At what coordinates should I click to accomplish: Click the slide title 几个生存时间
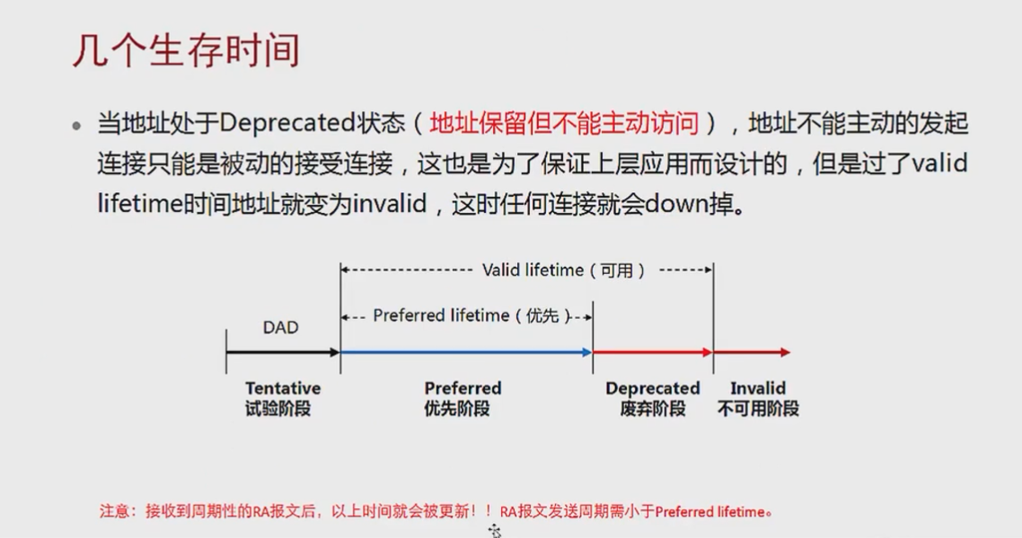(186, 50)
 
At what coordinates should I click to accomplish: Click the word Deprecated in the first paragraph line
(275, 123)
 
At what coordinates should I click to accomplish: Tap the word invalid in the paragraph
(389, 203)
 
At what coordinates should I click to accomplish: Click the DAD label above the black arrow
(280, 328)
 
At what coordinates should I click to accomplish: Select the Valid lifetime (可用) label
(564, 270)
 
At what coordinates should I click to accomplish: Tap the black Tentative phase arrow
(282, 352)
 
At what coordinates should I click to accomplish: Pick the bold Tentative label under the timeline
(283, 389)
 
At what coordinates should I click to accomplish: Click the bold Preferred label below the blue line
(463, 389)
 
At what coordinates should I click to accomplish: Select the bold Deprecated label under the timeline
(652, 389)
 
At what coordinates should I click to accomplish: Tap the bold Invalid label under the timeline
(758, 389)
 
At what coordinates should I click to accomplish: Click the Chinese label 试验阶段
(283, 409)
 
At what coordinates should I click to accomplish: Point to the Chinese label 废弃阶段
(652, 409)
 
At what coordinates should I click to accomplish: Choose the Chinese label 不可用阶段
(758, 409)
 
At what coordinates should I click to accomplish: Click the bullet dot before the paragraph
(77, 126)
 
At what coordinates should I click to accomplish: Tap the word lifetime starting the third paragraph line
(138, 203)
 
